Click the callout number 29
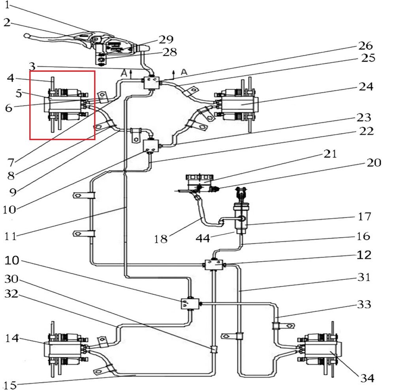pyautogui.click(x=166, y=39)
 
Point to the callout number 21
pyautogui.click(x=331, y=154)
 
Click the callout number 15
pyautogui.click(x=10, y=385)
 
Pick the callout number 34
pyautogui.click(x=366, y=379)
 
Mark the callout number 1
pyautogui.click(x=7, y=6)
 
